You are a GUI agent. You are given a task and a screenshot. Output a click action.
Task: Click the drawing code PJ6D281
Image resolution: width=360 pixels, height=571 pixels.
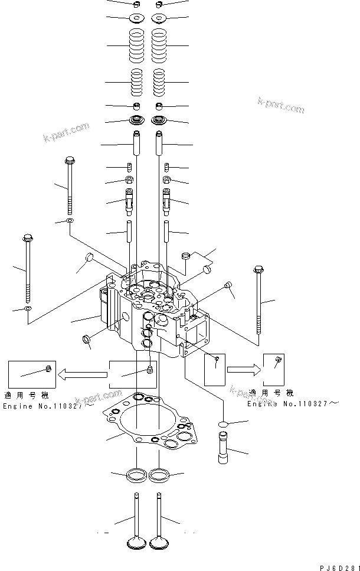[x=339, y=567]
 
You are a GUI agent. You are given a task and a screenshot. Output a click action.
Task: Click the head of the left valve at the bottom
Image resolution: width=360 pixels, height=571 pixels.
[x=136, y=542]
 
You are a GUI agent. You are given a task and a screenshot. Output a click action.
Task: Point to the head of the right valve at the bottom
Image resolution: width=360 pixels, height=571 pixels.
[x=159, y=542]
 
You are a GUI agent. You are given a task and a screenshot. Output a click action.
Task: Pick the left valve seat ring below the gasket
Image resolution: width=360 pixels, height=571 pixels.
[x=136, y=474]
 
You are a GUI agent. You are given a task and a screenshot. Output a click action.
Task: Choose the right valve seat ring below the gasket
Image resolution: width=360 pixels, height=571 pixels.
[x=159, y=474]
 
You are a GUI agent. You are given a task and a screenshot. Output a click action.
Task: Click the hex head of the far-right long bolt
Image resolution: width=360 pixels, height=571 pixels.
[x=257, y=270]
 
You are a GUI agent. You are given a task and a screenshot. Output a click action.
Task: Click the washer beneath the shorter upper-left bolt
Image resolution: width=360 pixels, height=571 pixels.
[x=70, y=221]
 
